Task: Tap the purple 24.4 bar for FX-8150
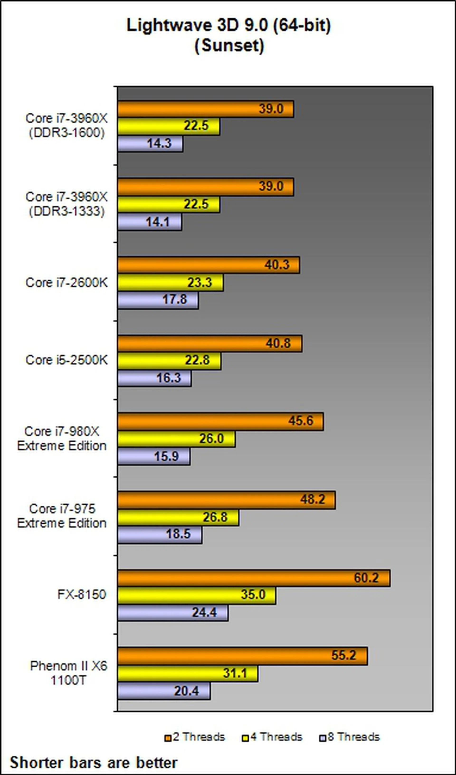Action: click(173, 613)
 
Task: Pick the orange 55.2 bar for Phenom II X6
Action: click(242, 656)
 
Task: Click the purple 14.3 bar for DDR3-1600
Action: click(150, 144)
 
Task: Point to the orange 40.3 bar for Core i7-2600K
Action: click(209, 265)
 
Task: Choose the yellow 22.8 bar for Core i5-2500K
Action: click(169, 361)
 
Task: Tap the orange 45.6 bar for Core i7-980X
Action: click(220, 421)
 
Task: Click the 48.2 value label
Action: click(312, 499)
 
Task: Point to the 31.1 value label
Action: click(235, 673)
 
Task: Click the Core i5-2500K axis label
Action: click(67, 360)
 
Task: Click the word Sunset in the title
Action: click(229, 46)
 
